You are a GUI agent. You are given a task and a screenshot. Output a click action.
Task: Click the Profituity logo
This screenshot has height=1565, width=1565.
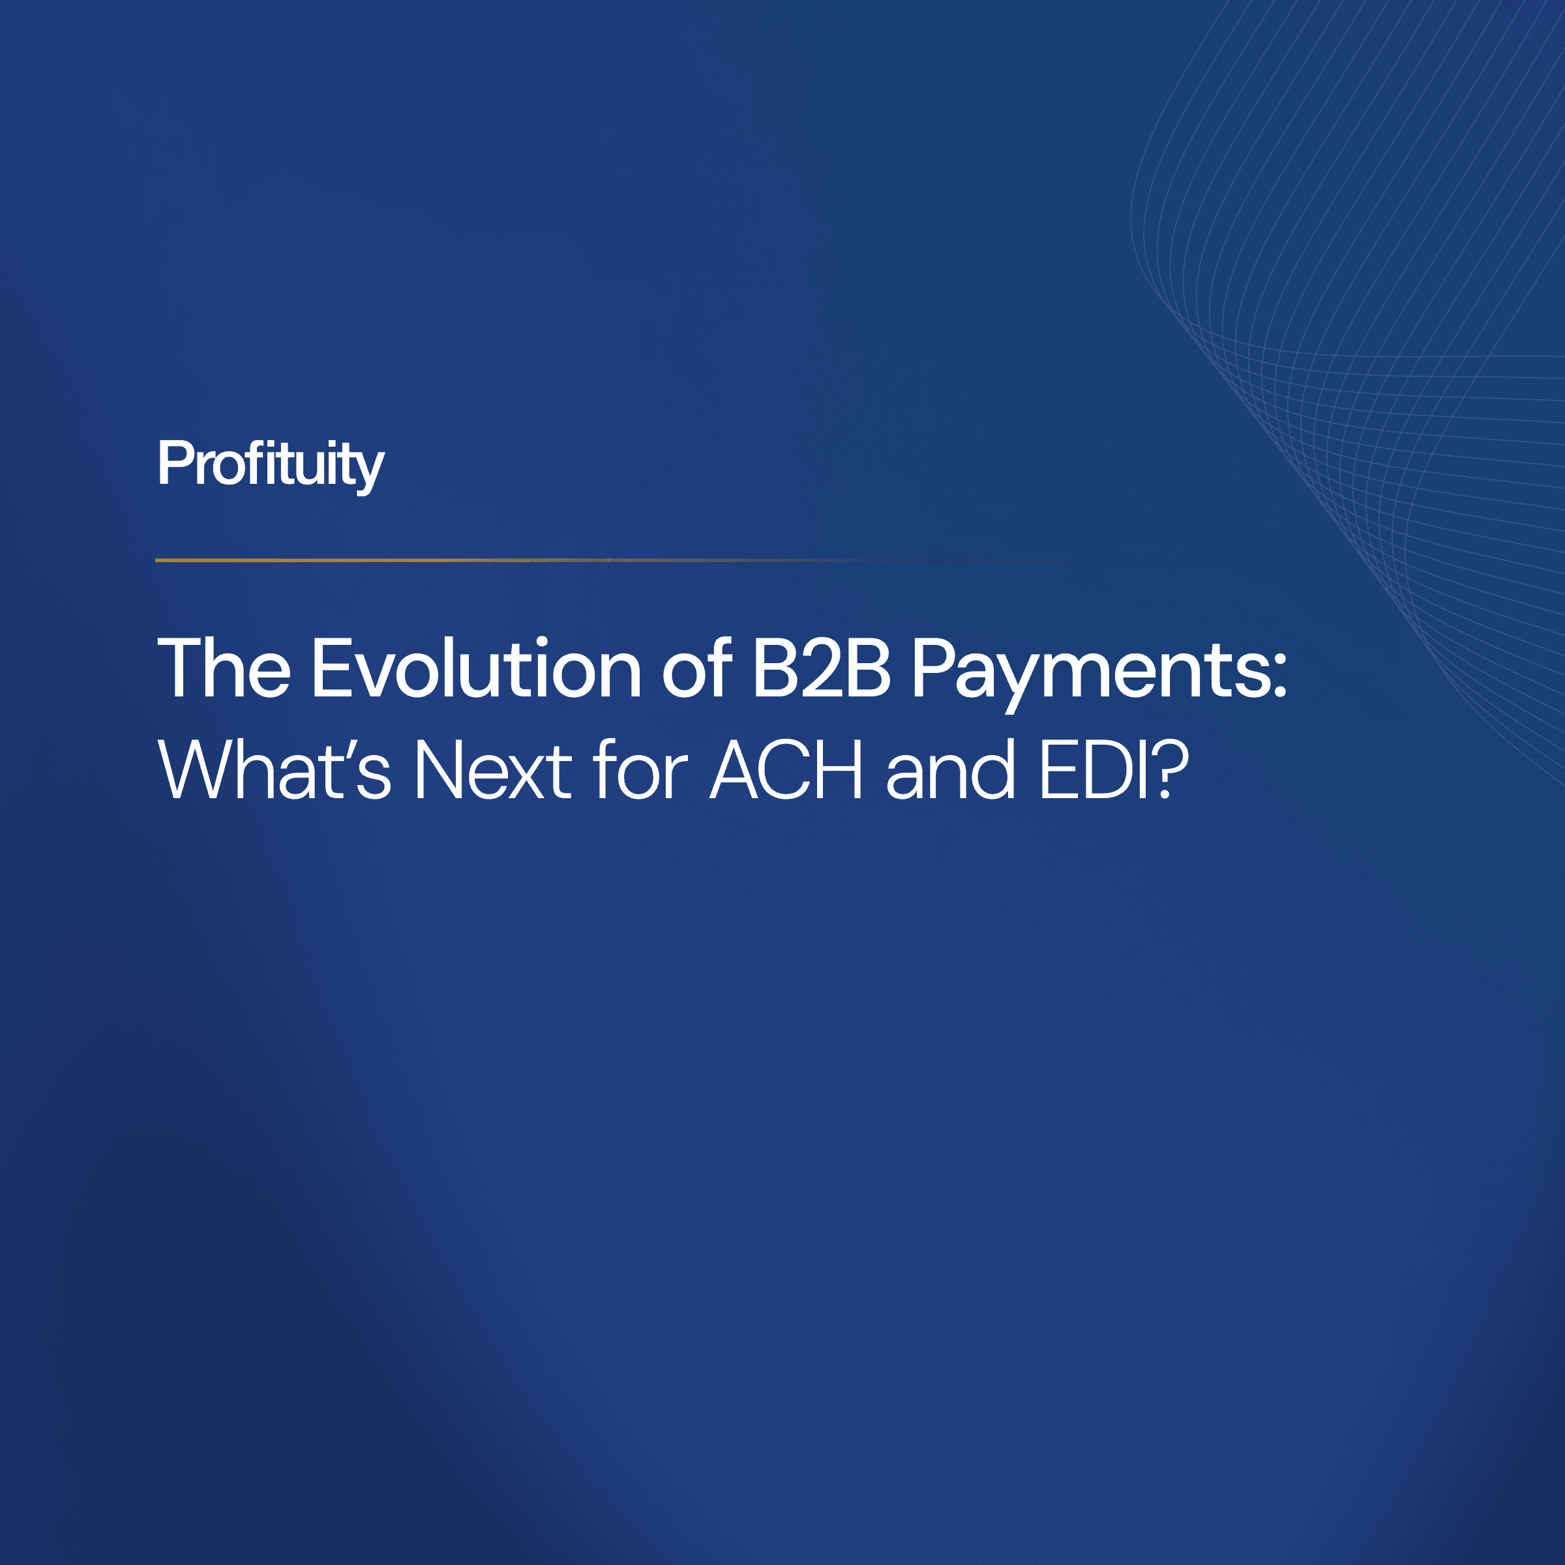pyautogui.click(x=271, y=464)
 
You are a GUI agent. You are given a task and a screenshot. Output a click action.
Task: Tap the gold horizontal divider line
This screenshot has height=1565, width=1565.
pyautogui.click(x=567, y=559)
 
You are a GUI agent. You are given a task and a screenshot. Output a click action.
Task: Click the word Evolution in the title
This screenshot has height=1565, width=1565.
pyautogui.click(x=476, y=669)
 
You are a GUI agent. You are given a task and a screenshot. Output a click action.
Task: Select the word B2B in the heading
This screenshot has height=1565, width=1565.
pyautogui.click(x=822, y=669)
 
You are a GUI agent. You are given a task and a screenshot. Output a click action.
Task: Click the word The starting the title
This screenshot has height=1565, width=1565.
pyautogui.click(x=224, y=669)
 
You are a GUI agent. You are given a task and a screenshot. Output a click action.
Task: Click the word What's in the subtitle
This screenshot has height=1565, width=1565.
pyautogui.click(x=275, y=770)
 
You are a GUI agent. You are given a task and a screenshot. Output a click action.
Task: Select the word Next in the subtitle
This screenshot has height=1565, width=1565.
pyautogui.click(x=492, y=770)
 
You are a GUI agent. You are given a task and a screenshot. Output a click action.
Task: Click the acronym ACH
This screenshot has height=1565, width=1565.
pyautogui.click(x=786, y=770)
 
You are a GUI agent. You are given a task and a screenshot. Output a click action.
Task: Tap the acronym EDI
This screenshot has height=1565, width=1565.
pyautogui.click(x=1094, y=770)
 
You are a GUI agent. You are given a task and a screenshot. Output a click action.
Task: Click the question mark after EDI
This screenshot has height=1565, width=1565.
pyautogui.click(x=1171, y=769)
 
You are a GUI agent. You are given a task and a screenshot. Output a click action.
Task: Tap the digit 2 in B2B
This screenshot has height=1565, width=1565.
pyautogui.click(x=822, y=669)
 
